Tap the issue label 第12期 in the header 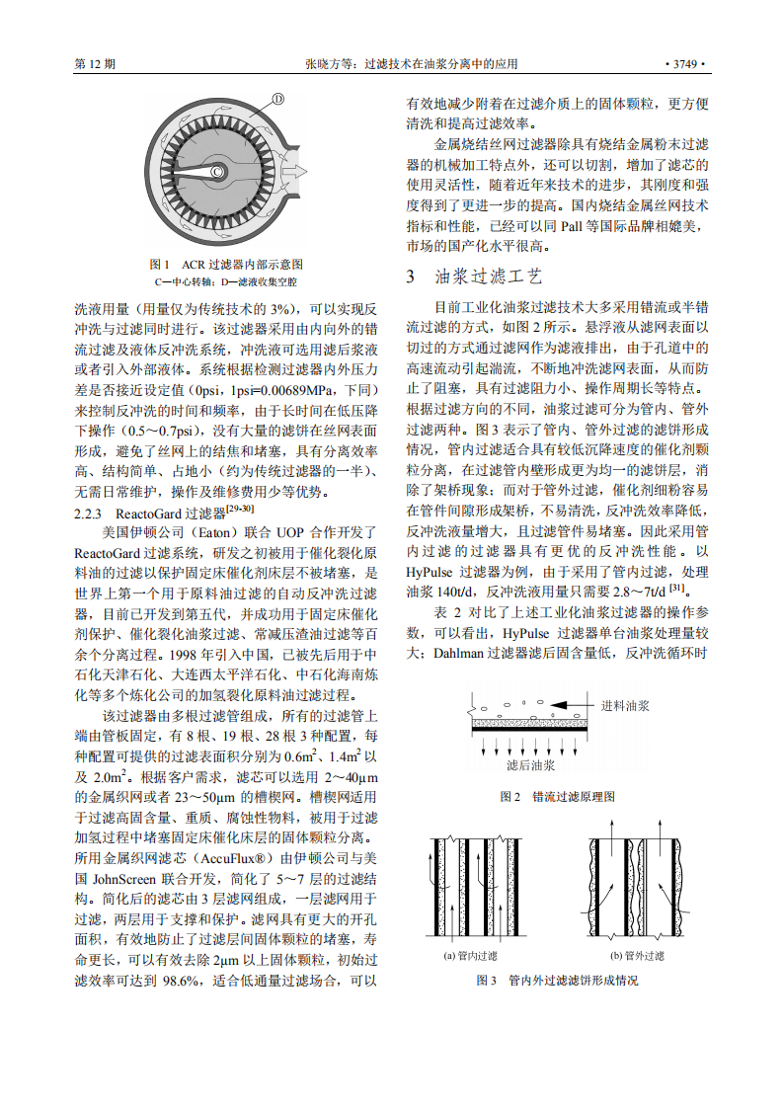(96, 64)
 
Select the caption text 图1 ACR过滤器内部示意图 (225, 265)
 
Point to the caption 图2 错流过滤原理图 (558, 796)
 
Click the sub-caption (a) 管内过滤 (471, 955)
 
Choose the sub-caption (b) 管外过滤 (637, 955)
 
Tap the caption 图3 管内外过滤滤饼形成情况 (558, 981)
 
